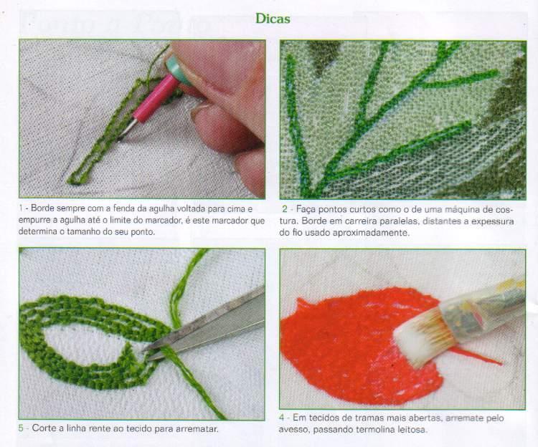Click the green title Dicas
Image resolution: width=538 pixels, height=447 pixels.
pyautogui.click(x=273, y=19)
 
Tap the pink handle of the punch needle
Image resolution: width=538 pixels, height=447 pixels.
pyautogui.click(x=156, y=96)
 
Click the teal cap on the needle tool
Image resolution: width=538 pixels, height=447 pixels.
pyautogui.click(x=179, y=69)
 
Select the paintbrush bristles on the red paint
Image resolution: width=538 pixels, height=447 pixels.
pyautogui.click(x=420, y=337)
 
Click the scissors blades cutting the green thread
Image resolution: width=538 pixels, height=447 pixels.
pyautogui.click(x=206, y=324)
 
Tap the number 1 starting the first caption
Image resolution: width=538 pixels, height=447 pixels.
pyautogui.click(x=21, y=208)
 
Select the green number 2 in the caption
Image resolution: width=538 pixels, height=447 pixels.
pyautogui.click(x=285, y=209)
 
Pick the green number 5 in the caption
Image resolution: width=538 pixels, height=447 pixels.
pyautogui.click(x=21, y=428)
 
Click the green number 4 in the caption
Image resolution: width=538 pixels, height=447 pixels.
pyautogui.click(x=282, y=418)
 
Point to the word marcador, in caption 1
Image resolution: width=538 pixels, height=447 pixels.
pyautogui.click(x=164, y=220)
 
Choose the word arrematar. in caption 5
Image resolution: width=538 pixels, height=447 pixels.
pyautogui.click(x=197, y=428)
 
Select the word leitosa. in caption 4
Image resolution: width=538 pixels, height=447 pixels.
pyautogui.click(x=412, y=429)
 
